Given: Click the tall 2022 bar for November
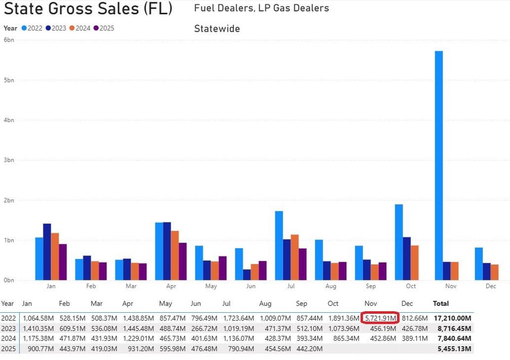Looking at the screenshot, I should tap(439, 165).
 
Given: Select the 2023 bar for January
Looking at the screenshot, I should tap(47, 252).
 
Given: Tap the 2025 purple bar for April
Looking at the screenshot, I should tap(183, 261).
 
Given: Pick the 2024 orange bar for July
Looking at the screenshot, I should tap(295, 257).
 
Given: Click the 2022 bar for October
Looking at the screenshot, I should tap(398, 242).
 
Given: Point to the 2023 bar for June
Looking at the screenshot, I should tap(246, 275).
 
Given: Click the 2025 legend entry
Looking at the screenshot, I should tap(104, 28).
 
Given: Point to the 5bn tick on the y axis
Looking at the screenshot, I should tap(8, 80).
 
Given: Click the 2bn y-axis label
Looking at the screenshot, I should tap(8, 200).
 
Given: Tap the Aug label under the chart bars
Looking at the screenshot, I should tap(330, 286).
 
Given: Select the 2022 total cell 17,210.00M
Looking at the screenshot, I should tap(452, 318).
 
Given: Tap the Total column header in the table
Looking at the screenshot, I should tap(440, 304).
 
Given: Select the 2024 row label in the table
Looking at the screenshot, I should tap(7, 338).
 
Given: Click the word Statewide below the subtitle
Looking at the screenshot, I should tap(217, 29).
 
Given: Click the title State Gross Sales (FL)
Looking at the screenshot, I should tap(88, 9).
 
